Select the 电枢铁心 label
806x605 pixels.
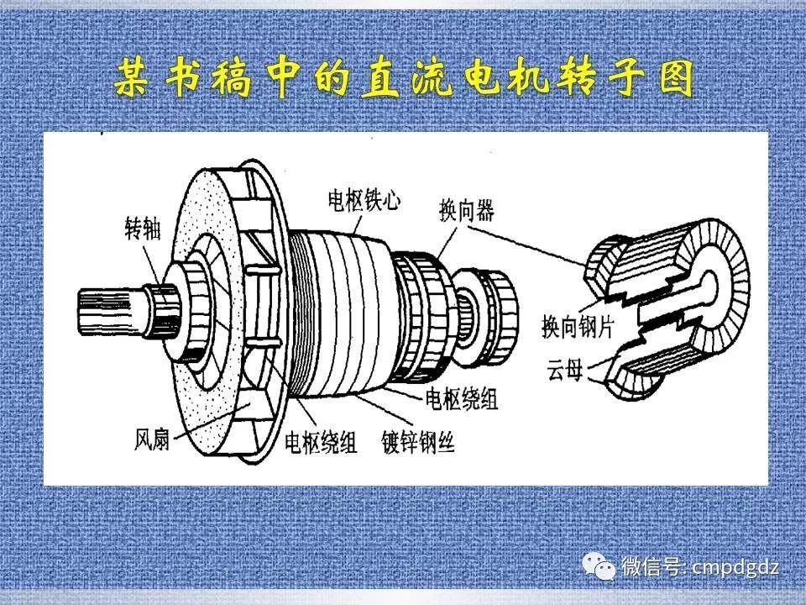(364, 201)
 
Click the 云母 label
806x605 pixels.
(559, 367)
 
